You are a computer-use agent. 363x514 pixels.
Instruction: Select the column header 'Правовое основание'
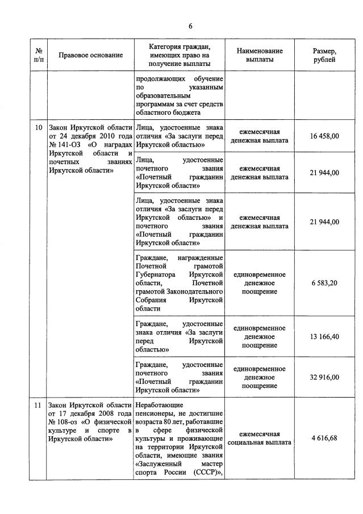pyautogui.click(x=90, y=55)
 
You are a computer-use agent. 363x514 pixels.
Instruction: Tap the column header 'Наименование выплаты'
pyautogui.click(x=259, y=55)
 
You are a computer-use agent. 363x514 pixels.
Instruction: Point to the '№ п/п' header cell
pyautogui.click(x=38, y=55)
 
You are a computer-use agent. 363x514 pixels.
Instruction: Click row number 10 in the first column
pyautogui.click(x=38, y=128)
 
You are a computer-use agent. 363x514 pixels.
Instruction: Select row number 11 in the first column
pyautogui.click(x=38, y=406)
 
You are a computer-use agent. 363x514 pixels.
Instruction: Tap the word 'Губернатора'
pyautogui.click(x=159, y=274)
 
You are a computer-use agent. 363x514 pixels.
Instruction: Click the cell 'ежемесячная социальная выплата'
pyautogui.click(x=259, y=438)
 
